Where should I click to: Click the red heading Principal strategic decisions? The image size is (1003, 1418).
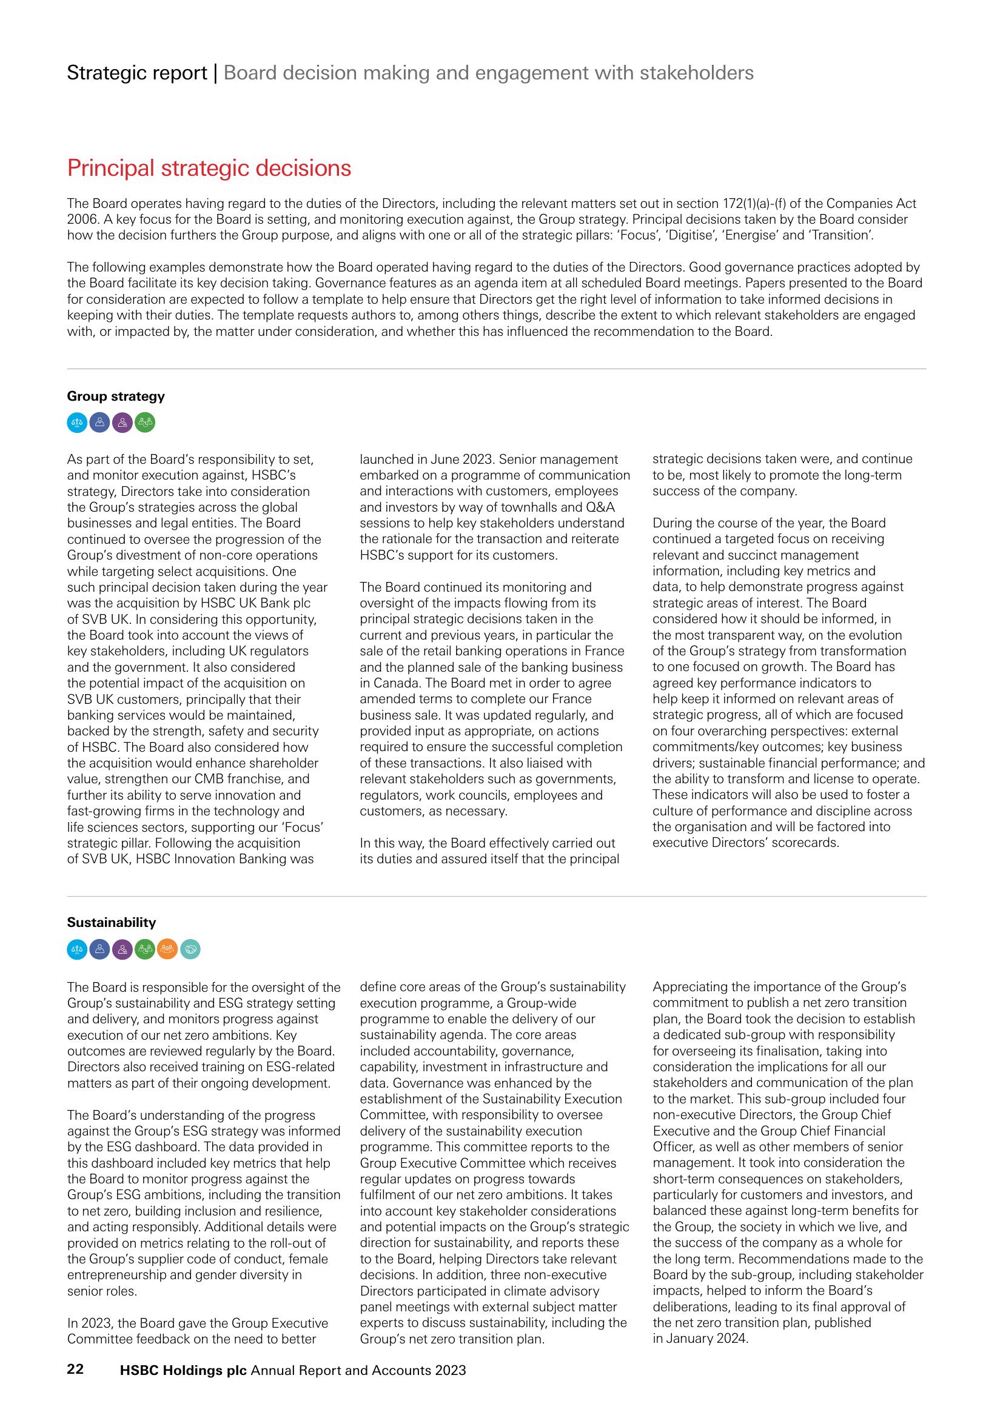tap(209, 169)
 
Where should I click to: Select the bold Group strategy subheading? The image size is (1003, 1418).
tap(115, 396)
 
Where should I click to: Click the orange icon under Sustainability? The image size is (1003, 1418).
tap(167, 949)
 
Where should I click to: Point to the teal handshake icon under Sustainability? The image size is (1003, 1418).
tap(190, 949)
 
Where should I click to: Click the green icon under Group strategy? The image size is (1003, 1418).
tap(144, 423)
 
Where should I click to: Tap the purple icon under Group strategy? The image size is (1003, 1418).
tap(122, 423)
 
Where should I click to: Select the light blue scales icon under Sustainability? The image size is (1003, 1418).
tap(77, 949)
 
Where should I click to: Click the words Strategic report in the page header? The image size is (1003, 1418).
tap(136, 73)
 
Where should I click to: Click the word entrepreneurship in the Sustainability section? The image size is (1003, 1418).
tap(115, 1275)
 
